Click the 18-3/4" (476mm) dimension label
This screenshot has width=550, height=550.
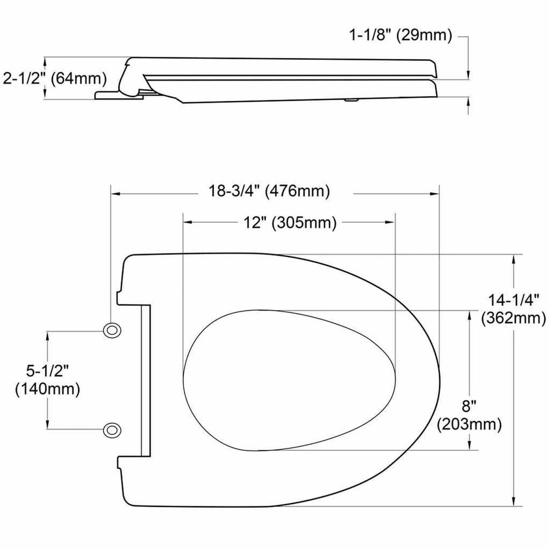(269, 191)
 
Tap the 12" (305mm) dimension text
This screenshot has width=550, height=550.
(290, 222)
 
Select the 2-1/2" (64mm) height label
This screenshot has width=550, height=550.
(55, 78)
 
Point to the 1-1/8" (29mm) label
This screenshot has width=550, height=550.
(400, 36)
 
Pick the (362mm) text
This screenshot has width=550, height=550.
(513, 318)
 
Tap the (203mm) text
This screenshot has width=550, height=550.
(469, 424)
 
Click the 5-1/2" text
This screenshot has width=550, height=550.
(48, 371)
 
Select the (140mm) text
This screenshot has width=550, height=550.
(48, 389)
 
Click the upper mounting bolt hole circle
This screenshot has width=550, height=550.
(112, 331)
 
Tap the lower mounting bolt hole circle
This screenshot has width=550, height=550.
(112, 430)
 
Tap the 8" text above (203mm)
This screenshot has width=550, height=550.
(469, 406)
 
